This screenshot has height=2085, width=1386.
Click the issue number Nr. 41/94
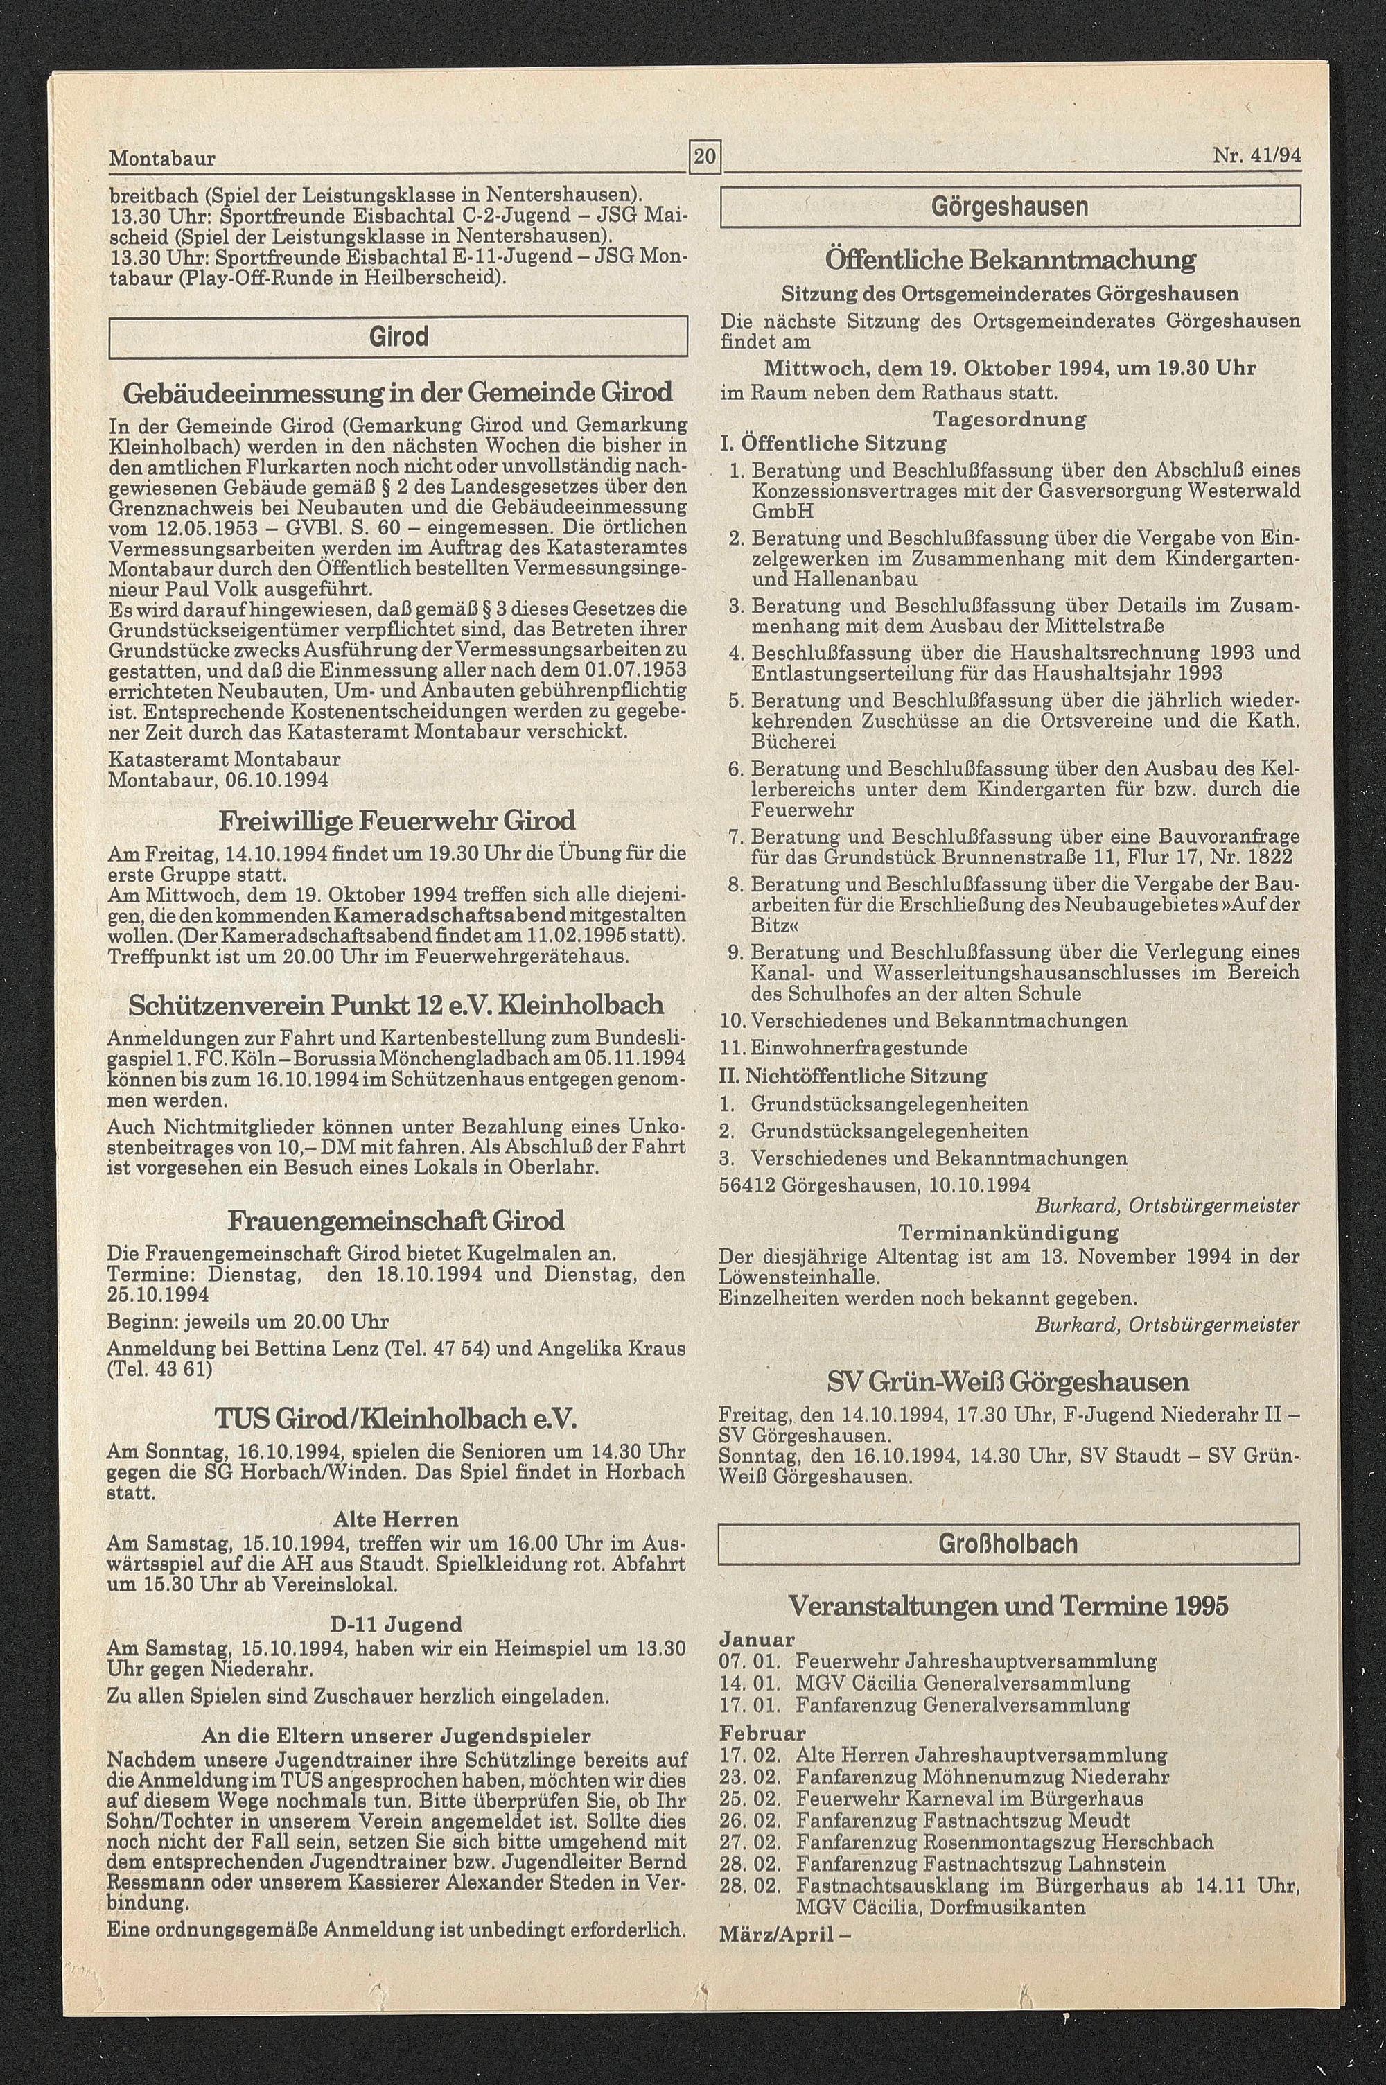tap(1256, 157)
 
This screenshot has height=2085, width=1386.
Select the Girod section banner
tap(398, 337)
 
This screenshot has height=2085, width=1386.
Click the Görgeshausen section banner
tap(1010, 207)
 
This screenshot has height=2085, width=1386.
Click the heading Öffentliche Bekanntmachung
tap(1010, 260)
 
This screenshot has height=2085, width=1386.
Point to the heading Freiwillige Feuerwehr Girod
tap(397, 821)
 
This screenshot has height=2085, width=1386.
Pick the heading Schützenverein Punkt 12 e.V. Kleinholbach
tap(396, 1005)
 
